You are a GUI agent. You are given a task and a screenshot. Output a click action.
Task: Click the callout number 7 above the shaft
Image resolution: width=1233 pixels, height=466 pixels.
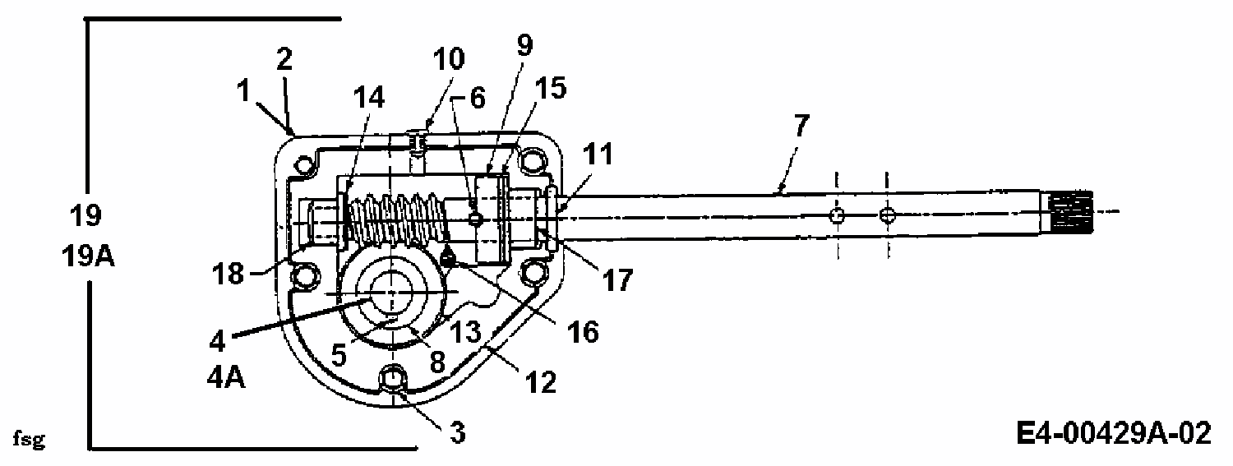801,126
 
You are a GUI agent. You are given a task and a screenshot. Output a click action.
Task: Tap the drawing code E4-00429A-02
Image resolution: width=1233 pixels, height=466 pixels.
1114,433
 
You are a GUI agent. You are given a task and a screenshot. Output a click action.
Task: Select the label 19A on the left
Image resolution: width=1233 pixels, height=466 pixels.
89,256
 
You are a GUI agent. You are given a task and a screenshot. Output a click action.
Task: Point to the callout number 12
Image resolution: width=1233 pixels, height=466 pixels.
540,382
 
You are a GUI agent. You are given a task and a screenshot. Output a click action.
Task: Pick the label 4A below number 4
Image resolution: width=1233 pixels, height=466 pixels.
226,378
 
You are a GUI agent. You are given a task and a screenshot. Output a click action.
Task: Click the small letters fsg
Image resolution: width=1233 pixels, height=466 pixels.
29,439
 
